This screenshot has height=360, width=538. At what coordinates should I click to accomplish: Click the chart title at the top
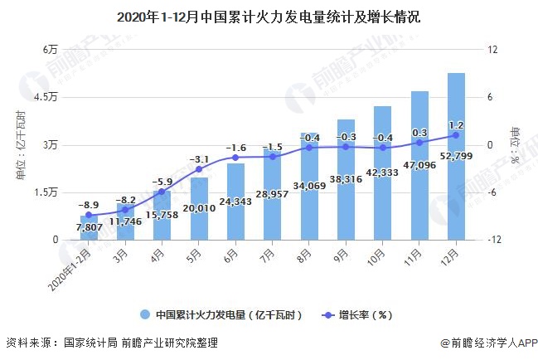[x=268, y=16]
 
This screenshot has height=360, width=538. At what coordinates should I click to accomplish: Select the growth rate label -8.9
[x=89, y=203]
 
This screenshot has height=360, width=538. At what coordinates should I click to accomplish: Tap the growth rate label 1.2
[x=455, y=124]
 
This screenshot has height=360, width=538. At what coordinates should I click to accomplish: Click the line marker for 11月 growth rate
[x=419, y=143]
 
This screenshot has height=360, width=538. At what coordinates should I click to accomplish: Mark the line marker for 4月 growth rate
[x=162, y=192]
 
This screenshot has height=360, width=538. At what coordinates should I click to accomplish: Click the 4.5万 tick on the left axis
[x=47, y=97]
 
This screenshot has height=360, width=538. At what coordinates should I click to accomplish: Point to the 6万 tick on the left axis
[x=51, y=50]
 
